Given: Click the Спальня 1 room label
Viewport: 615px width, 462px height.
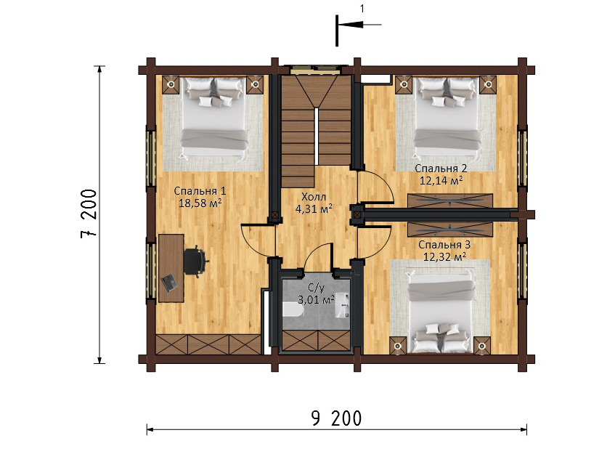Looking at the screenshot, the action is pyautogui.click(x=200, y=191).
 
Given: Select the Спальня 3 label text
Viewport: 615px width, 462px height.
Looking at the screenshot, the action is pyautogui.click(x=444, y=245).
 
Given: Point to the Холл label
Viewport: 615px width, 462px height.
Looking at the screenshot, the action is pyautogui.click(x=314, y=197).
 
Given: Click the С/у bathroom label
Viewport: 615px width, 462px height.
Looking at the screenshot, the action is pyautogui.click(x=317, y=289).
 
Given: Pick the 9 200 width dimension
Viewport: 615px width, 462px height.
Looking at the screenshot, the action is pyautogui.click(x=336, y=418).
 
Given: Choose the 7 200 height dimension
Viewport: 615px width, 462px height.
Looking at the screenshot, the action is pyautogui.click(x=89, y=214).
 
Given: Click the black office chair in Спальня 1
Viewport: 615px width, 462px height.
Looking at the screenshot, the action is pyautogui.click(x=195, y=262).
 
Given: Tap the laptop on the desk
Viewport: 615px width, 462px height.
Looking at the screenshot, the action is pyautogui.click(x=168, y=283).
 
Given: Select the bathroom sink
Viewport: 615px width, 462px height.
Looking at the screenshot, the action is pyautogui.click(x=343, y=304).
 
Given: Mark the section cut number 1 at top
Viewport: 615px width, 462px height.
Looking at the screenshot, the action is pyautogui.click(x=362, y=9).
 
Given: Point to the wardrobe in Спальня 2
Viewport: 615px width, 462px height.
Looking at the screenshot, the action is pyautogui.click(x=450, y=200).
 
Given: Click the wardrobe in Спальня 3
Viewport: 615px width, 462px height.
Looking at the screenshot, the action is pyautogui.click(x=450, y=229).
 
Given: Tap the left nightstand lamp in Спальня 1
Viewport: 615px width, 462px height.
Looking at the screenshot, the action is pyautogui.click(x=171, y=84).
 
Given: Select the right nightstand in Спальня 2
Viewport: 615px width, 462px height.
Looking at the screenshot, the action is pyautogui.click(x=488, y=84).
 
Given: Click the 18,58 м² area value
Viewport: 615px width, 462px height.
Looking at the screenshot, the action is pyautogui.click(x=200, y=203).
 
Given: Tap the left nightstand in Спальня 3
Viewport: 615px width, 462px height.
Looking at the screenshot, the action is pyautogui.click(x=399, y=346).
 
